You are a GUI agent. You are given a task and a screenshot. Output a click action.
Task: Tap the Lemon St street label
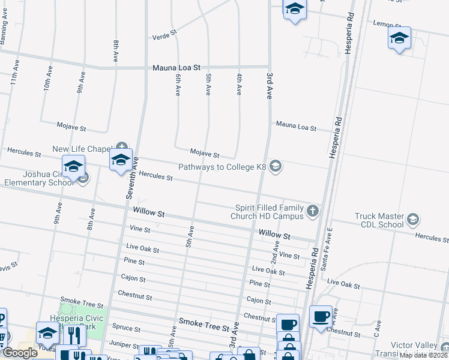click(x=387, y=24)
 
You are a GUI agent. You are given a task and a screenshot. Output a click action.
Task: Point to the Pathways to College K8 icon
click(x=276, y=166)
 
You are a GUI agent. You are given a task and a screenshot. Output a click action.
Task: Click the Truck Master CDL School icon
click(x=412, y=220)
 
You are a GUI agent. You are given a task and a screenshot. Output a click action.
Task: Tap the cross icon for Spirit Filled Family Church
click(x=312, y=211)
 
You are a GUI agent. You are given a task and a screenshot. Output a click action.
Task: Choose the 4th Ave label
click(x=239, y=84)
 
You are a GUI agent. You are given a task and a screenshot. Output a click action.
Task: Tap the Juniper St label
click(x=125, y=344)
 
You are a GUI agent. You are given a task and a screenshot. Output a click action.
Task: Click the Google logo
click(x=20, y=353)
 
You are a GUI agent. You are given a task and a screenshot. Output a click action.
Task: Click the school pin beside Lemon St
click(x=399, y=38)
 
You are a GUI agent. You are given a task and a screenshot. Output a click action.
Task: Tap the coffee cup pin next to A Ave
click(x=321, y=316)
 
